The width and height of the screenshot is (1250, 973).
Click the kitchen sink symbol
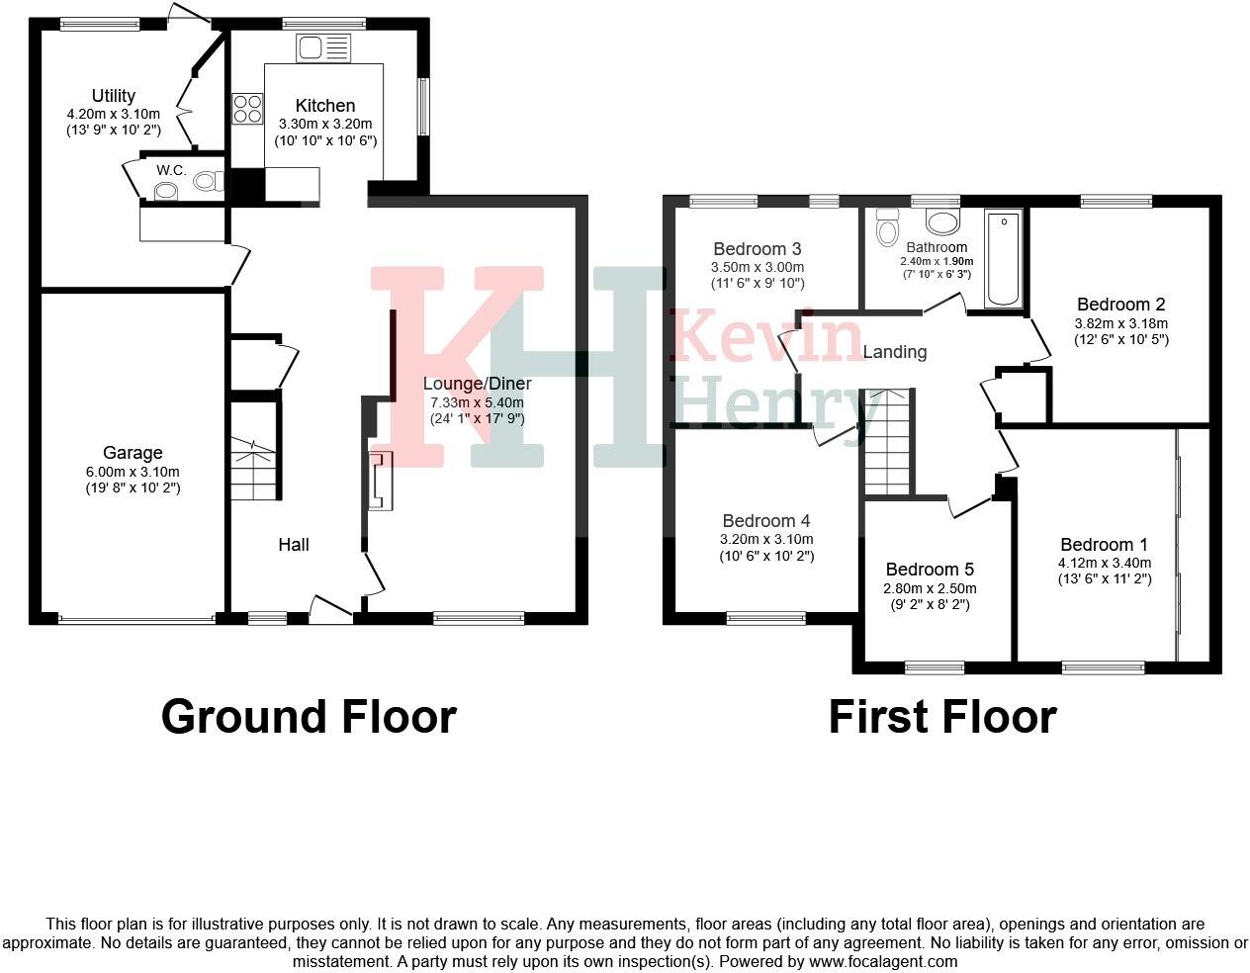(x=322, y=47)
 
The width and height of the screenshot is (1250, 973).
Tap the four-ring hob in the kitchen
(x=247, y=108)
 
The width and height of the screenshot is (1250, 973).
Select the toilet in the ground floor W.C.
(x=206, y=181)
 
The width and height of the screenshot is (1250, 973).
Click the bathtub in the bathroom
(x=1003, y=260)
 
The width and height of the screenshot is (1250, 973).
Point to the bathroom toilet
(x=886, y=226)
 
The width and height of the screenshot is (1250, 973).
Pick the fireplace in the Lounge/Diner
(x=380, y=481)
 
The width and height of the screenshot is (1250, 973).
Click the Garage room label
(x=133, y=454)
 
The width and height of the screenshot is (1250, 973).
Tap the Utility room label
(x=114, y=96)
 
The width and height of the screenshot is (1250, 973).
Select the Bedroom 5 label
(x=930, y=570)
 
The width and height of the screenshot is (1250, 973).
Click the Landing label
(x=895, y=352)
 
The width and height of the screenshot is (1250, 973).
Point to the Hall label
(x=294, y=545)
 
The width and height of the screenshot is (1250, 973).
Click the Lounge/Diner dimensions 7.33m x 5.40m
(x=477, y=402)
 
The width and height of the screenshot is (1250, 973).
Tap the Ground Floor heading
(x=309, y=717)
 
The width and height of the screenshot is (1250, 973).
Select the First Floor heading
(x=942, y=717)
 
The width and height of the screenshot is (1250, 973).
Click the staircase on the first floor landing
(x=886, y=441)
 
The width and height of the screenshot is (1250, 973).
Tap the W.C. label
(x=171, y=170)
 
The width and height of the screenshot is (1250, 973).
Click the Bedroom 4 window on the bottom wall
(x=766, y=619)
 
